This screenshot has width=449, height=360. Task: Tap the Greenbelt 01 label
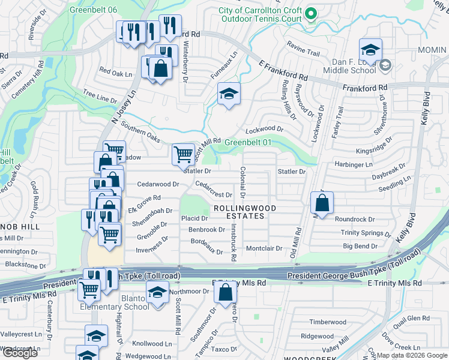pos(249,143)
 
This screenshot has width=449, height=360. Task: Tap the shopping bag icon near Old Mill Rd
pos(322,203)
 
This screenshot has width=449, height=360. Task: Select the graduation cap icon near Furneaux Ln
pos(228,94)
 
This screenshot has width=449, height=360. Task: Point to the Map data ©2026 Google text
pos(411,355)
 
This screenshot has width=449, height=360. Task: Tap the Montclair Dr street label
pos(264,248)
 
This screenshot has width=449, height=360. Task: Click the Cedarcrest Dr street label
pos(214,194)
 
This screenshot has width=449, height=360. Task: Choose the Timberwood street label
pos(328,322)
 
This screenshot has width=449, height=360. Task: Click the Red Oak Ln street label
pos(115,73)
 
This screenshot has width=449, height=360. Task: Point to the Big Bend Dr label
pos(360,246)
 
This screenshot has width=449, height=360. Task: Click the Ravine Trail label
pos(304,52)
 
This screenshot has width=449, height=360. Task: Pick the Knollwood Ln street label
pos(152,344)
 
